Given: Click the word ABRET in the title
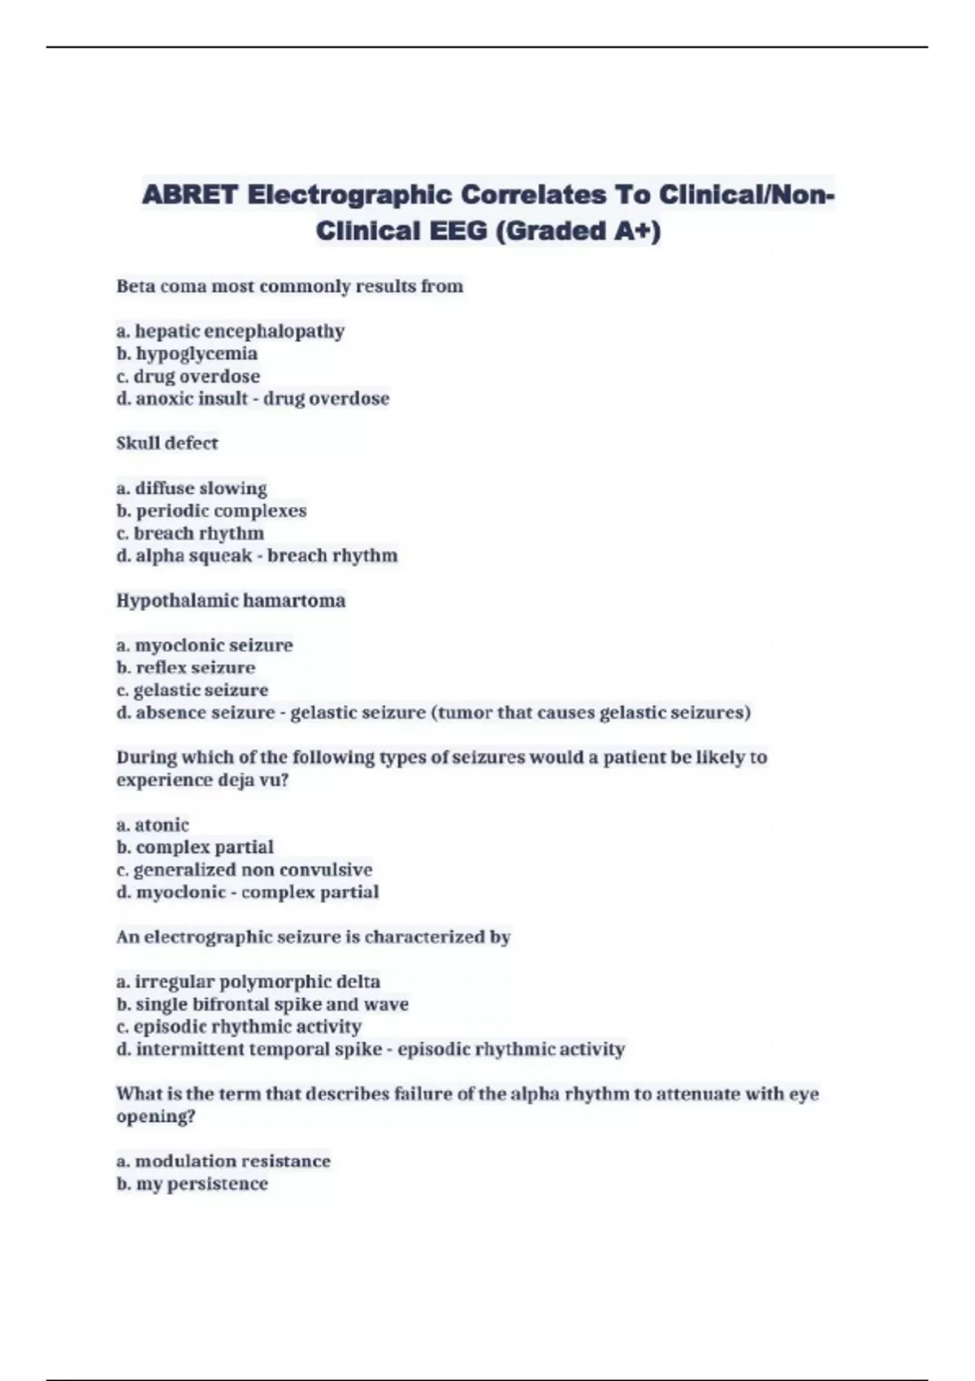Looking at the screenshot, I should (190, 195).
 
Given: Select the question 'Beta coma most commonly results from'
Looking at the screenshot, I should (289, 286).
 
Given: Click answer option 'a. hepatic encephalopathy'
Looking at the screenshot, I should (231, 331).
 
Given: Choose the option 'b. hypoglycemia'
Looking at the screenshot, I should (187, 353).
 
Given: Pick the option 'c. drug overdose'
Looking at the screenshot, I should (188, 376).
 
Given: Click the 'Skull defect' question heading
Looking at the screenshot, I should (167, 443).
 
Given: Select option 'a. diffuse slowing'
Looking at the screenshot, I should (192, 488).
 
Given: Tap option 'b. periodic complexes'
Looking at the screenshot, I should (211, 511).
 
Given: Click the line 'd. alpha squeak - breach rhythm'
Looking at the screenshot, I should (257, 556).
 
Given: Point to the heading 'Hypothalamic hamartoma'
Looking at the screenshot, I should (231, 600).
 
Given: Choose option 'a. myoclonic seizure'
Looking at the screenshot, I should (205, 645).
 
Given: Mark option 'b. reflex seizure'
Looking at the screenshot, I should (186, 668).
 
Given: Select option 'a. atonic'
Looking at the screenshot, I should (153, 825).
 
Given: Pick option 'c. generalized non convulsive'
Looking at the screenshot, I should (245, 869).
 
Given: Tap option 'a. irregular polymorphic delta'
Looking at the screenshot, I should (249, 981).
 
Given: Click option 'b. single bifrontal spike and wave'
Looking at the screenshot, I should (262, 1004).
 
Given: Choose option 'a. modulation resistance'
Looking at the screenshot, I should (223, 1161).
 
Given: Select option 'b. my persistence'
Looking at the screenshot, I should (192, 1184).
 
